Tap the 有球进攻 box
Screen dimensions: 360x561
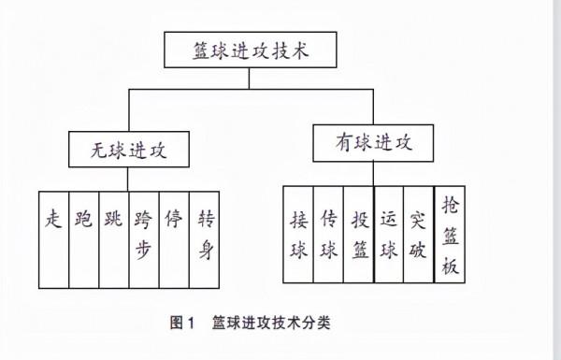[372, 145]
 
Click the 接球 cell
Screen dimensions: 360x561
[298, 234]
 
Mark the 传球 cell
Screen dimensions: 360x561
[328, 234]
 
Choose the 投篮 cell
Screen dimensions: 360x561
[358, 234]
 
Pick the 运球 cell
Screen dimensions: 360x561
[388, 234]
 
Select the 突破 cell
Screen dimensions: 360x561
[418, 234]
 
